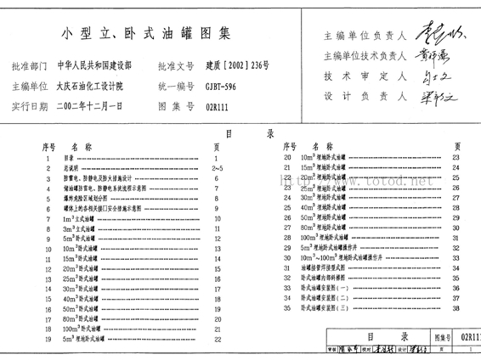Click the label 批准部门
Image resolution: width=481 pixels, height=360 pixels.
tap(31, 65)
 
